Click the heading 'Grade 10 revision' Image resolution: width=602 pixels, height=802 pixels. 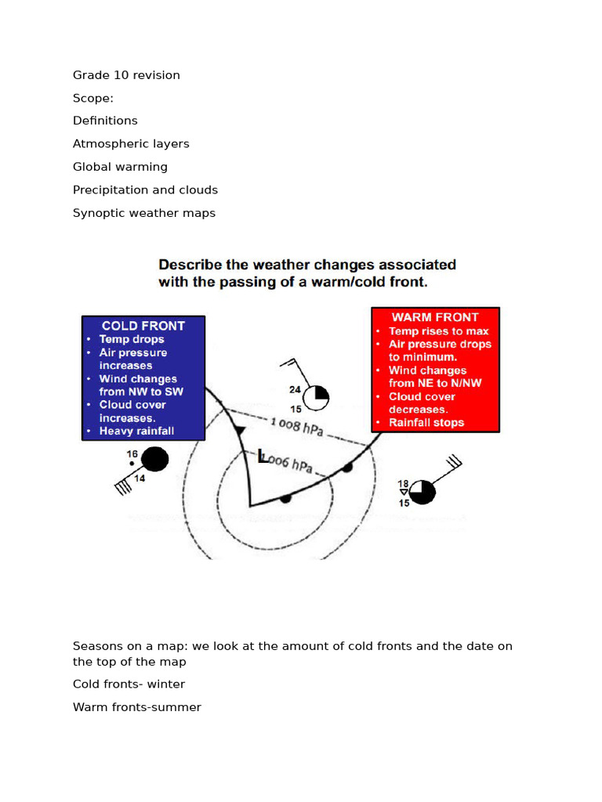[126, 75]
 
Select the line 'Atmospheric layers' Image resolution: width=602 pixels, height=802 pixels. [131, 144]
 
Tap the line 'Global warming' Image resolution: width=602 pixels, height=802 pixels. [120, 167]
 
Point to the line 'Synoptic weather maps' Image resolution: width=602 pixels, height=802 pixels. [144, 213]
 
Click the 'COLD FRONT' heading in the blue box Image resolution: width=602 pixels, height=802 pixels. [143, 326]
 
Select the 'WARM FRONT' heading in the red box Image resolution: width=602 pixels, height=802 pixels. [434, 317]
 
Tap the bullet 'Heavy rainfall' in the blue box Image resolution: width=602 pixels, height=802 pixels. [136, 431]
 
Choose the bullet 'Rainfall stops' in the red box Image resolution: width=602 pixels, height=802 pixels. [426, 423]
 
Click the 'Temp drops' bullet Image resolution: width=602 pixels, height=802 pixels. [132, 339]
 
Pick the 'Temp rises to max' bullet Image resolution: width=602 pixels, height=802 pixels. [439, 331]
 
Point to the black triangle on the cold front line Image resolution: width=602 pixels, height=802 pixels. [240, 429]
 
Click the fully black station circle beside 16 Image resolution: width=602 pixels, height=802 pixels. [155, 459]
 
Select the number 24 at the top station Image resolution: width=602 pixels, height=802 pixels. [295, 389]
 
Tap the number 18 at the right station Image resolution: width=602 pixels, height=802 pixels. [404, 484]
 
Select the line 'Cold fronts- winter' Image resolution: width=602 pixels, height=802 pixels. [129, 685]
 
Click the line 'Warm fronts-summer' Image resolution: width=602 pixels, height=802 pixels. [136, 707]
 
